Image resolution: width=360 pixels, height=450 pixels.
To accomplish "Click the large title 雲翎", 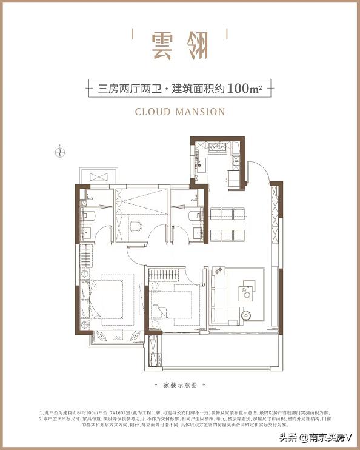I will [x=180, y=44].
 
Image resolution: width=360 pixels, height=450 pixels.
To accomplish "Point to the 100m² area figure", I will [x=244, y=89].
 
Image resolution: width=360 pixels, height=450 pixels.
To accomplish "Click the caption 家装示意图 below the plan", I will [x=180, y=385].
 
